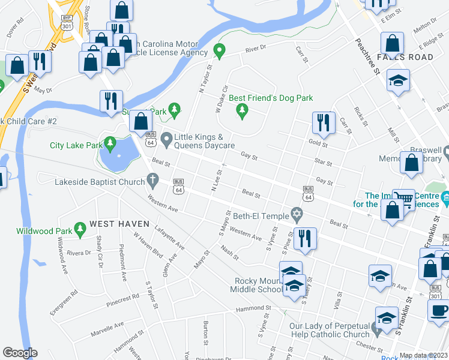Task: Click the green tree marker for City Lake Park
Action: (x=110, y=143)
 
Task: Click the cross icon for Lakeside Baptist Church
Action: (x=153, y=180)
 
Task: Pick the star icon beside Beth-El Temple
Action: (x=296, y=214)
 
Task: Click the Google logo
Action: (x=20, y=353)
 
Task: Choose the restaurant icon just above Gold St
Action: (x=324, y=122)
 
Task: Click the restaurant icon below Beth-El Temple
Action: (x=306, y=238)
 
